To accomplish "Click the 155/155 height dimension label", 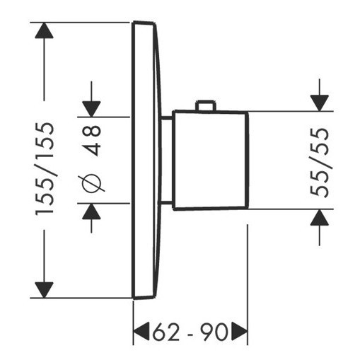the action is [45, 169].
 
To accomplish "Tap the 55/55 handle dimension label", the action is [320, 163].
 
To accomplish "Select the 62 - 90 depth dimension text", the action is [190, 332].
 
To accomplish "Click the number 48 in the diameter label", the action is [92, 140].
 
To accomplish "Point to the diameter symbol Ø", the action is [91, 184].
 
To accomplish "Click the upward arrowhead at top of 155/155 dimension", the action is [44, 30].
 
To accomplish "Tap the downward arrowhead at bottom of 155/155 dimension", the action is [44, 290].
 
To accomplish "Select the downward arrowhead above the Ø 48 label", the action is [91, 109].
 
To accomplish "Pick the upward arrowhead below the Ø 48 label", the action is [91, 211].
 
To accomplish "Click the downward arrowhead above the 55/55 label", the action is [320, 103].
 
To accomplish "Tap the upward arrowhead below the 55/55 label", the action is [320, 217].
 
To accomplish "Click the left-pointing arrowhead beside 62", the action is [141, 331].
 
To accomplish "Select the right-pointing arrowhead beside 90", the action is [240, 331].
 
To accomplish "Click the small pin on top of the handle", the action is [206, 105].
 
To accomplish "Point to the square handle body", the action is [210, 160].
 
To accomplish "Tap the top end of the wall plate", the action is [144, 23].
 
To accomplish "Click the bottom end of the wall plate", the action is [144, 298].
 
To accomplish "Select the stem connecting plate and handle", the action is [167, 160].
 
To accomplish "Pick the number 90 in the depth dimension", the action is [214, 332].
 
